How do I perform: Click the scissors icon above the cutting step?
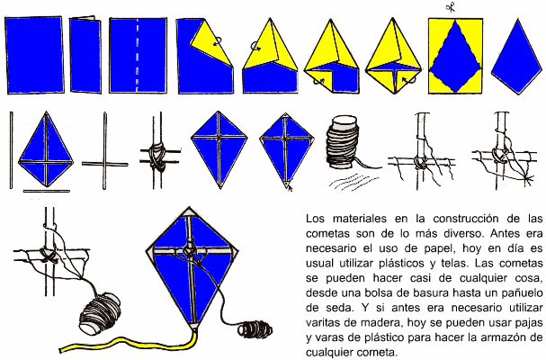[451, 7]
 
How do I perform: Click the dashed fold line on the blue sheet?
[138, 55]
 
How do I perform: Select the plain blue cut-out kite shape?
[516, 57]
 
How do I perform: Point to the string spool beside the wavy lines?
[343, 142]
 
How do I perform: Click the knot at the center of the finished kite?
[189, 250]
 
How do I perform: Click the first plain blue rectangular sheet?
[34, 55]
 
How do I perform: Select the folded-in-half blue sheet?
[85, 55]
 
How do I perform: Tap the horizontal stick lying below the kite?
[46, 191]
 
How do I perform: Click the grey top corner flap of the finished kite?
[189, 211]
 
